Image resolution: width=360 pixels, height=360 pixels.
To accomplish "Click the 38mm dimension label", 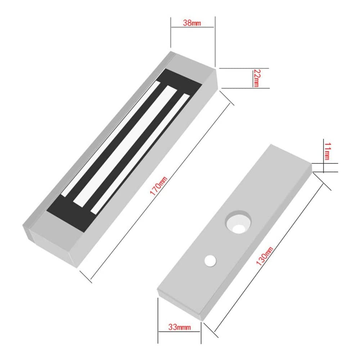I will (192, 23).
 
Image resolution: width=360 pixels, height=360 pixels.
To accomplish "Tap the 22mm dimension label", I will (256, 77).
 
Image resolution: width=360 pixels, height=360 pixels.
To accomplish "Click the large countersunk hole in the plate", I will (238, 221).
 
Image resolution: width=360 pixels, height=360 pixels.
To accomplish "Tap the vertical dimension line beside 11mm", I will (324, 158).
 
